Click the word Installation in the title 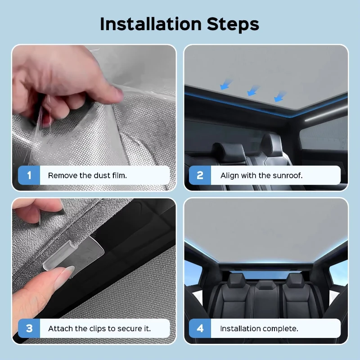[x=151, y=24]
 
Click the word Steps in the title [x=233, y=24]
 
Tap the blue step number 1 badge [x=29, y=175]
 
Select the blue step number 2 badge [x=200, y=175]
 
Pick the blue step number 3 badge [x=29, y=328]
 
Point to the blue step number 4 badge [x=200, y=328]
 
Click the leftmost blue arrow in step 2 [x=226, y=84]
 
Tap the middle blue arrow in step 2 [x=253, y=90]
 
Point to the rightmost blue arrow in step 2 [x=280, y=96]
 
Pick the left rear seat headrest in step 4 [x=237, y=280]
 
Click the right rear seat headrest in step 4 [x=296, y=280]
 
